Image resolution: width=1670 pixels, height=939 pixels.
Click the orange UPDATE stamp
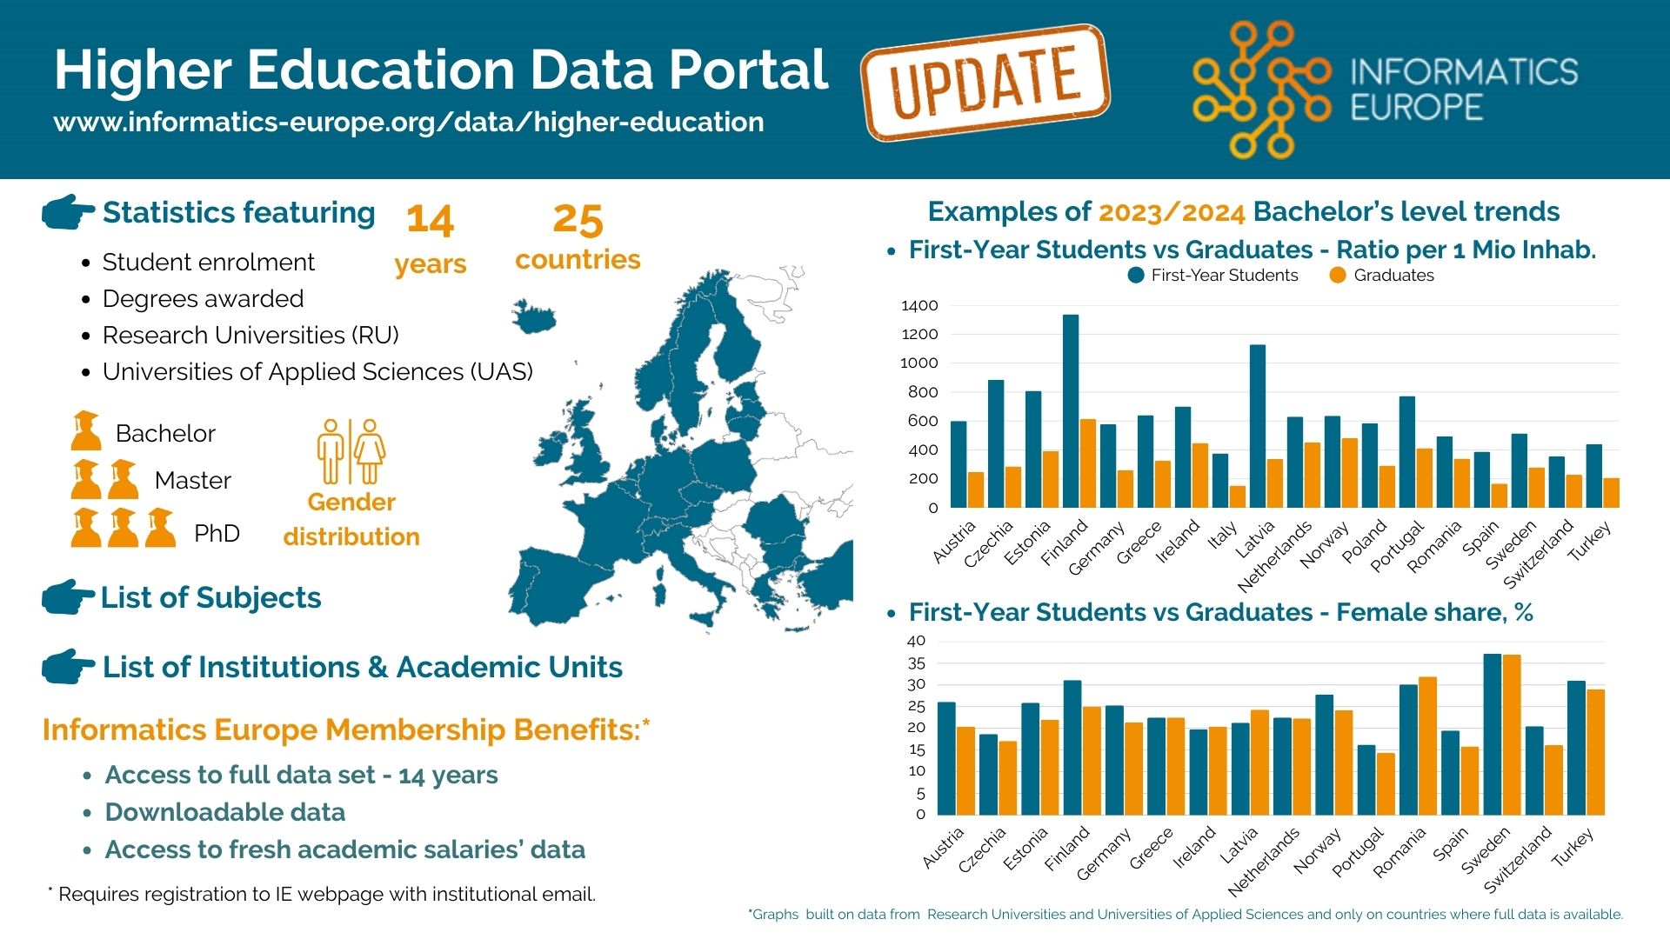pyautogui.click(x=985, y=83)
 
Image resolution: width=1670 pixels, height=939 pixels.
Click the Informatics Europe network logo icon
pyautogui.click(x=1261, y=90)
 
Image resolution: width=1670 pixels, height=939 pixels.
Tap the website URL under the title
pyautogui.click(x=409, y=123)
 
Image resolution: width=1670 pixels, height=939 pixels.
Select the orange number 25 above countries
pyautogui.click(x=578, y=220)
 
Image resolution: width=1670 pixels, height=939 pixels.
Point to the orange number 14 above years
pyautogui.click(x=430, y=220)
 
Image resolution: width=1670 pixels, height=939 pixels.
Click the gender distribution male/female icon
pyautogui.click(x=351, y=451)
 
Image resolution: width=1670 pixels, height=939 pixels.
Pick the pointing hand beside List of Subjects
pyautogui.click(x=68, y=597)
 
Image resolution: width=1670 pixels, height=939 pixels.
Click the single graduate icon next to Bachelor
pyautogui.click(x=85, y=431)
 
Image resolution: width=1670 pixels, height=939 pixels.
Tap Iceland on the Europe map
pyautogui.click(x=533, y=316)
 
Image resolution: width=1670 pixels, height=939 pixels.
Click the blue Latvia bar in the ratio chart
pyautogui.click(x=1258, y=426)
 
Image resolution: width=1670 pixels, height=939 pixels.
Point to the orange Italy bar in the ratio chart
pyautogui.click(x=1238, y=496)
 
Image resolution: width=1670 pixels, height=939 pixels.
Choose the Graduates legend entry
pyautogui.click(x=1382, y=276)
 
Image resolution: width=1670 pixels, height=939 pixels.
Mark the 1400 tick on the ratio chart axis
pyautogui.click(x=919, y=305)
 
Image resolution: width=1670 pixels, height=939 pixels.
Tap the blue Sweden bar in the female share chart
pyautogui.click(x=1493, y=734)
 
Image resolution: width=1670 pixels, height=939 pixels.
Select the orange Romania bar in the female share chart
pyautogui.click(x=1427, y=746)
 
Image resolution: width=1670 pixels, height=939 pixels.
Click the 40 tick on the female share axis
pyautogui.click(x=916, y=641)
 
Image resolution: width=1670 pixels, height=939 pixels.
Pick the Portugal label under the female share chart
pyautogui.click(x=1357, y=853)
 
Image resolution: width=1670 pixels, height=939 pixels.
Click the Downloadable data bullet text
pyautogui.click(x=225, y=812)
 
